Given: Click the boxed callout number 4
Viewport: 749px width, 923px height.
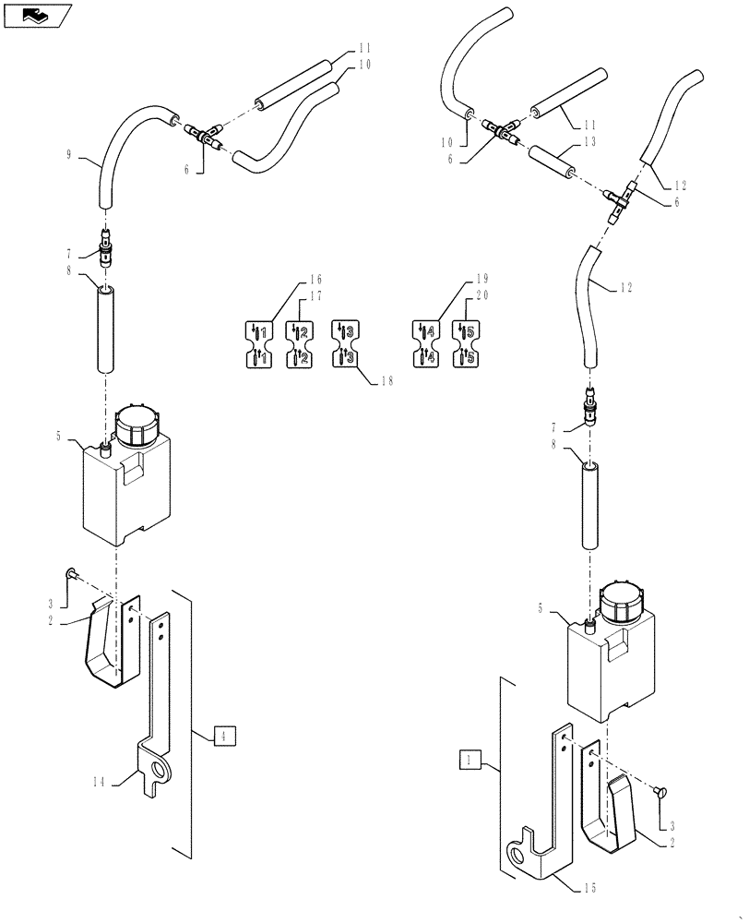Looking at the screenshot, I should [222, 736].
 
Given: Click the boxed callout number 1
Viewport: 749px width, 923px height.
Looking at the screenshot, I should [470, 760].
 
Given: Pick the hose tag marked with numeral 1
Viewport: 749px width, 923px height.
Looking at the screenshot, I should [259, 343].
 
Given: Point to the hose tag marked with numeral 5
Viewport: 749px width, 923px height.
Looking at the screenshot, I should [465, 343].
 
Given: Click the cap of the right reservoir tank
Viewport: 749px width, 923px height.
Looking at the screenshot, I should [622, 602].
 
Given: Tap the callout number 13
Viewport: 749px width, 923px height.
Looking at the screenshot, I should [589, 141].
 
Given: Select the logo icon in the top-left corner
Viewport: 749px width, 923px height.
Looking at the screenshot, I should [37, 15].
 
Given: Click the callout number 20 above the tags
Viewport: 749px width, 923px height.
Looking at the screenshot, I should [481, 296].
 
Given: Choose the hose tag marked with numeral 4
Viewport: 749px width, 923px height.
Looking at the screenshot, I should [425, 343].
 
